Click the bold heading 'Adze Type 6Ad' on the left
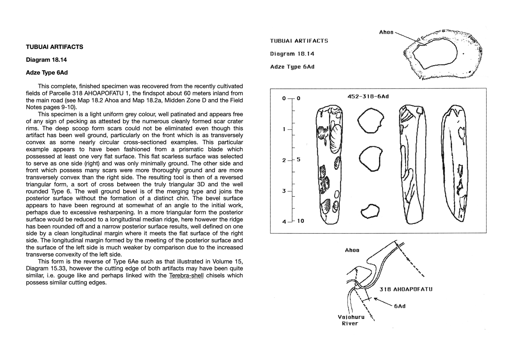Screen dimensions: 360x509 point(47,73)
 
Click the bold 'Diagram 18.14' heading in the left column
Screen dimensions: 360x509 point(47,60)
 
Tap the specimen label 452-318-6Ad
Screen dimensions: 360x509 point(368,97)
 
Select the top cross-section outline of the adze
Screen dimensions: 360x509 point(370,121)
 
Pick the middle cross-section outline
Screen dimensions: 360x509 point(370,159)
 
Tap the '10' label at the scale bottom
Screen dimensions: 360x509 point(300,221)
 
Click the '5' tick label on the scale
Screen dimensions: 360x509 point(299,159)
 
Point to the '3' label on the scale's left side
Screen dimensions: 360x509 point(284,191)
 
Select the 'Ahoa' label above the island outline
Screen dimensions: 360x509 point(386,32)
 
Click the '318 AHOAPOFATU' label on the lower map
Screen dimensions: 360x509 point(406,289)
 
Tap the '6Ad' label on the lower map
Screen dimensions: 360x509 point(400,306)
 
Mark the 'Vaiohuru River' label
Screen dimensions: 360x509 point(351,320)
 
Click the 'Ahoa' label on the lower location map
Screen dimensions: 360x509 point(352,250)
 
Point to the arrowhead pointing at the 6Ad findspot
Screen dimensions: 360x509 point(376,299)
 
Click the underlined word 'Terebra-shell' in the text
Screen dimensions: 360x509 point(186,275)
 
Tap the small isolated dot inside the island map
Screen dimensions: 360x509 point(463,54)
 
